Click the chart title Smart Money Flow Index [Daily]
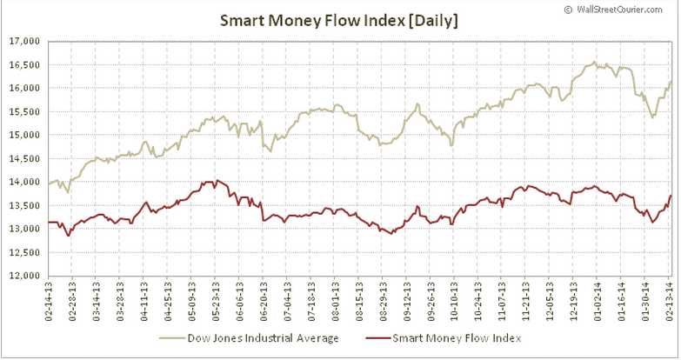340,18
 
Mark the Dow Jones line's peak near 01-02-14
594,63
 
